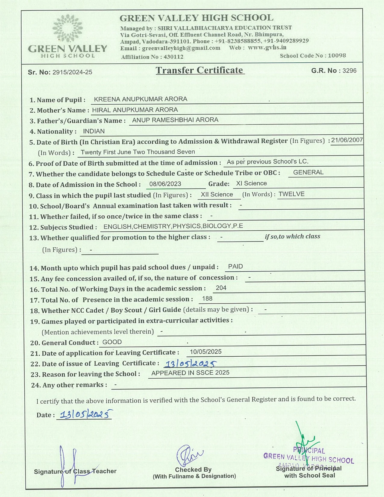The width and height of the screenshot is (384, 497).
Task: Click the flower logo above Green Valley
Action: (x=67, y=28)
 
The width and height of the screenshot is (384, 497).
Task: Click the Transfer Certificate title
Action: (x=200, y=70)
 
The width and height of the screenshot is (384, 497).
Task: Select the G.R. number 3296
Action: (x=349, y=70)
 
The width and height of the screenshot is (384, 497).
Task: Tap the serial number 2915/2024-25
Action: (x=72, y=72)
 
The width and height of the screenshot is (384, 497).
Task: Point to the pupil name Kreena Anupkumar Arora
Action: (x=140, y=99)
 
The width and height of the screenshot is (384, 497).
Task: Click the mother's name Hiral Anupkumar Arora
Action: (x=135, y=110)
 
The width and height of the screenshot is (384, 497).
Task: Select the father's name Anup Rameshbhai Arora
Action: (x=175, y=120)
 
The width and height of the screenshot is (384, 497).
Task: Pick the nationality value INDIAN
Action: (x=94, y=131)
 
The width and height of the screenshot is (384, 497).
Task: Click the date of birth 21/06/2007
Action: (x=347, y=140)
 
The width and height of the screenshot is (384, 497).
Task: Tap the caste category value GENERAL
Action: (x=308, y=172)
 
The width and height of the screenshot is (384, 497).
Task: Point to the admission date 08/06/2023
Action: (x=165, y=184)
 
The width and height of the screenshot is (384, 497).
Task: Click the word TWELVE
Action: (x=291, y=194)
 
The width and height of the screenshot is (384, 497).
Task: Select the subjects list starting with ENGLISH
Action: (x=173, y=226)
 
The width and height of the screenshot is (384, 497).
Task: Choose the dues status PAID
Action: (x=235, y=267)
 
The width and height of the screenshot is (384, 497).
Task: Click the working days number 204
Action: (x=221, y=288)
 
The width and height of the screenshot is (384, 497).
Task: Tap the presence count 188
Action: (x=207, y=299)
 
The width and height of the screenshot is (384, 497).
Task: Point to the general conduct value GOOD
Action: (x=112, y=342)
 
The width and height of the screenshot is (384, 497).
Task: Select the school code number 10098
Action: (x=337, y=56)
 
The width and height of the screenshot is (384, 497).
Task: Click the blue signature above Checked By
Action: (x=189, y=454)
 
